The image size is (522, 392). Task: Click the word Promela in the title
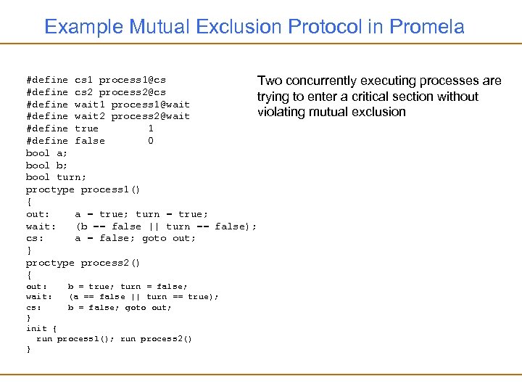tap(427, 28)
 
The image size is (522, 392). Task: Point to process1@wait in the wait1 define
tap(150, 105)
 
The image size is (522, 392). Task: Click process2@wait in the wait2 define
tap(150, 116)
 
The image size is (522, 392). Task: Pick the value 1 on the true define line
tap(150, 128)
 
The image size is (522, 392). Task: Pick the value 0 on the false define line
tap(150, 141)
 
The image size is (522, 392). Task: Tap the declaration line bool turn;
tap(56, 177)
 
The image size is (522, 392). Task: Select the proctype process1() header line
tap(83, 189)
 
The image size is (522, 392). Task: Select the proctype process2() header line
tap(83, 263)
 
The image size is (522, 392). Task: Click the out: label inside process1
tap(38, 214)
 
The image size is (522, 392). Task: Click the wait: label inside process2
tap(38, 296)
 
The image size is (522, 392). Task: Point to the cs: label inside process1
tap(35, 238)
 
